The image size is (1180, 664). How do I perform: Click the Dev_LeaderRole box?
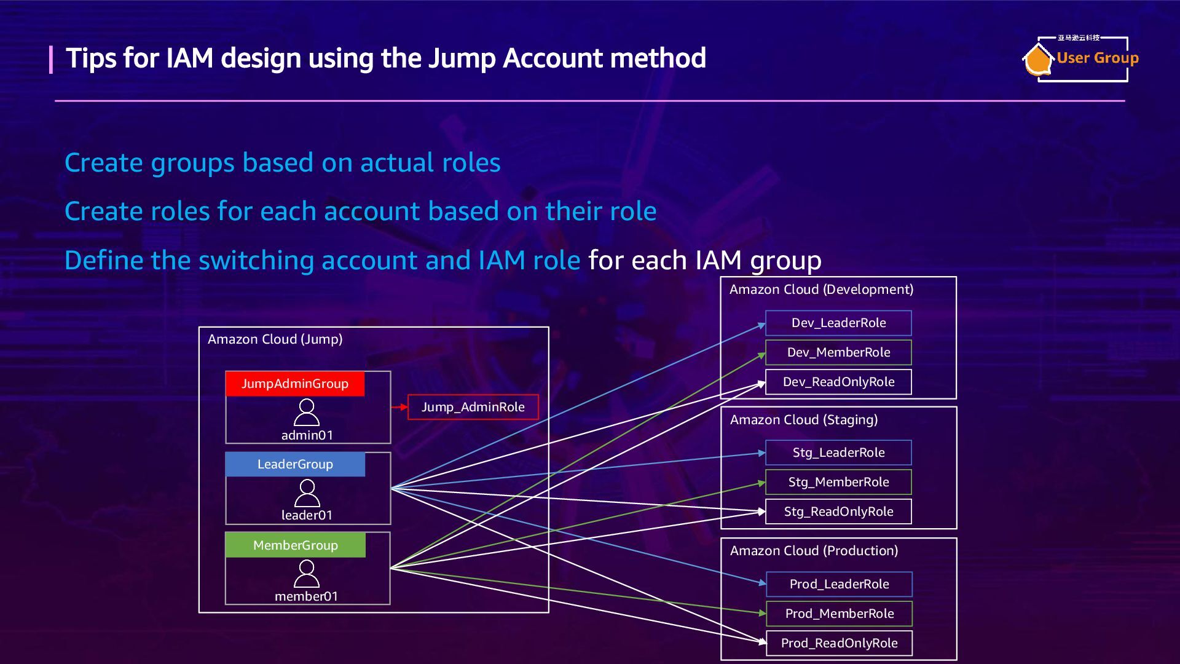(x=838, y=323)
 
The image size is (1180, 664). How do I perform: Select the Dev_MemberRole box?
(x=838, y=352)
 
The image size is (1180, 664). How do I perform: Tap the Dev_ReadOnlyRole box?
(x=838, y=382)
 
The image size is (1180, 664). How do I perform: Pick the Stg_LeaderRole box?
(x=838, y=453)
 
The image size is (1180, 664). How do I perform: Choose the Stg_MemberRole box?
(x=838, y=482)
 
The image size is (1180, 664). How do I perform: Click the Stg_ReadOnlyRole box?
(x=838, y=512)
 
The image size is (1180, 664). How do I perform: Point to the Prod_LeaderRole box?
(x=839, y=584)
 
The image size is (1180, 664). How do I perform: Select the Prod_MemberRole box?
(x=839, y=614)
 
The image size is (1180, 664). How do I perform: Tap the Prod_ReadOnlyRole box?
(x=839, y=643)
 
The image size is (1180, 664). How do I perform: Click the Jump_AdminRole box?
(x=473, y=407)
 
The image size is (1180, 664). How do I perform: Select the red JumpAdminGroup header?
(x=295, y=384)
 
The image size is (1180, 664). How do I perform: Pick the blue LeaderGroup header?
(x=295, y=464)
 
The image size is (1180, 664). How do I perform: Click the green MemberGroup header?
(x=295, y=545)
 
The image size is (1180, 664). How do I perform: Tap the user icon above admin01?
(x=307, y=413)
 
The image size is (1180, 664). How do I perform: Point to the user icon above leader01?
(x=307, y=493)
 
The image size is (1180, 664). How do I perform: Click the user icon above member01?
(x=307, y=574)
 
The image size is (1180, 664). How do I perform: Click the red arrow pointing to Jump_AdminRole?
(x=399, y=407)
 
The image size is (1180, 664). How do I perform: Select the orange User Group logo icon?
(x=1037, y=60)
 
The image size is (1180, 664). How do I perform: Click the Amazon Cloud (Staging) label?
(x=803, y=420)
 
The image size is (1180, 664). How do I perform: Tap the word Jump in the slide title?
(x=462, y=58)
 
